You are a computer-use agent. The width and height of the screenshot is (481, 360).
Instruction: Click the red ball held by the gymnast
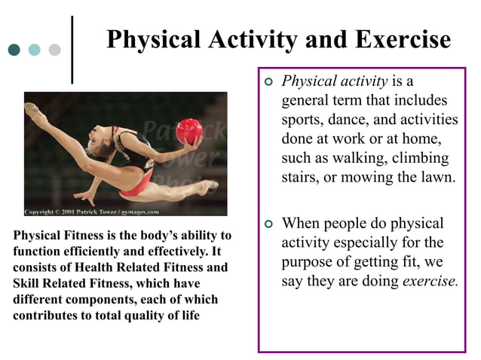coord(188,131)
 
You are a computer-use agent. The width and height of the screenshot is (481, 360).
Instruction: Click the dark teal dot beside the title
coord(14,50)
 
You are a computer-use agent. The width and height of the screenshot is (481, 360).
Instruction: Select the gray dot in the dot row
coord(54,50)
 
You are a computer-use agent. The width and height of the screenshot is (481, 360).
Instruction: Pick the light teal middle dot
coord(34,50)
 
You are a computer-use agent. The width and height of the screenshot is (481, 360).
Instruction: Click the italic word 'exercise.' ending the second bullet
coord(430,282)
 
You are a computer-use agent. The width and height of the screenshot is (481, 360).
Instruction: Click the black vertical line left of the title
coord(72,50)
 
